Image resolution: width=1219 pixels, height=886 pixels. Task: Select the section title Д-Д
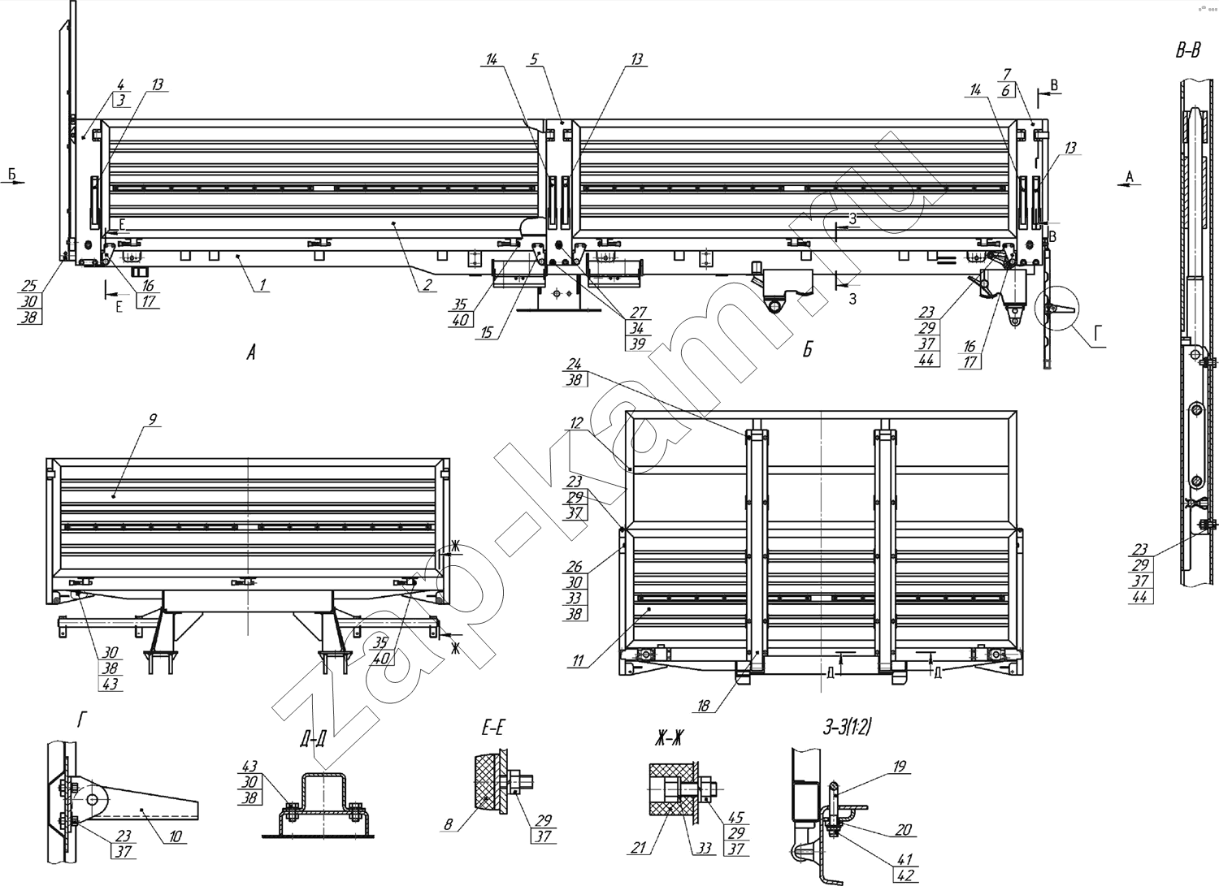click(x=312, y=739)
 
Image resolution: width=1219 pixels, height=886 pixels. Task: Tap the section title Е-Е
click(x=491, y=727)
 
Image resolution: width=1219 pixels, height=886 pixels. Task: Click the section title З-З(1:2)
click(x=848, y=727)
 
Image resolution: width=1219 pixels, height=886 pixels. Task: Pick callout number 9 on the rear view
click(x=153, y=419)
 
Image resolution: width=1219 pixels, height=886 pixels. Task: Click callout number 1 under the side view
click(x=262, y=284)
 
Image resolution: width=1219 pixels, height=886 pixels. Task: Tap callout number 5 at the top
click(x=534, y=58)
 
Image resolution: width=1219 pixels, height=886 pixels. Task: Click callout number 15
click(x=486, y=332)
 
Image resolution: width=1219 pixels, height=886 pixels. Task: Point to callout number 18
click(x=703, y=706)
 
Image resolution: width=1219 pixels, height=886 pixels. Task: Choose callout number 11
click(x=578, y=660)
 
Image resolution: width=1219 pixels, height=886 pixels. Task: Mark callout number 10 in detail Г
click(x=176, y=836)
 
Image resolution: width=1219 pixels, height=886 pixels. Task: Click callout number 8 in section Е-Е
click(x=448, y=825)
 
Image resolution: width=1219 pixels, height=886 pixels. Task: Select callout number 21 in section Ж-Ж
click(x=638, y=847)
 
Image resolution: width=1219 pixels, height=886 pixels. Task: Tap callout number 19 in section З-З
click(x=899, y=766)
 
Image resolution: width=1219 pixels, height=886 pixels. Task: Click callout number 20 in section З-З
click(x=904, y=829)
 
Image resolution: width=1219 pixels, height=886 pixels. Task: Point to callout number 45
click(x=735, y=817)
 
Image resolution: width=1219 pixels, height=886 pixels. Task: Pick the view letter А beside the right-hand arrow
click(x=1130, y=176)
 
